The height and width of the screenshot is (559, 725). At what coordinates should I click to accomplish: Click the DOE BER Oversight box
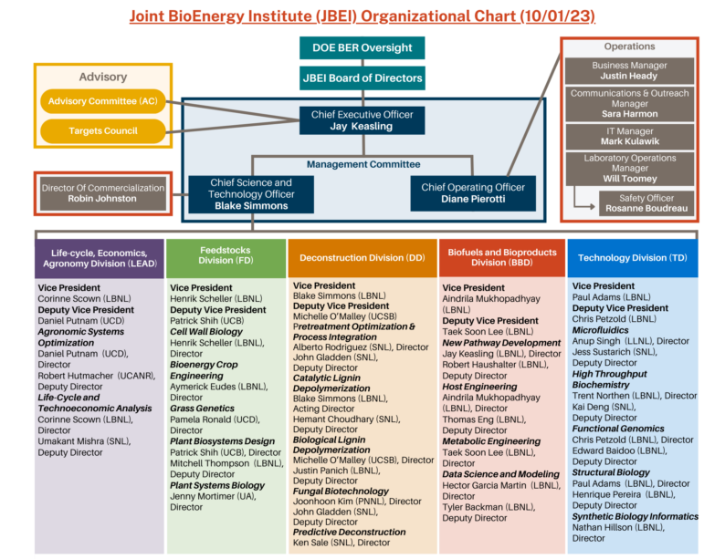point(362,48)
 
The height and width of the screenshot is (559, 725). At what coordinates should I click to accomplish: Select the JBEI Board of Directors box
point(362,78)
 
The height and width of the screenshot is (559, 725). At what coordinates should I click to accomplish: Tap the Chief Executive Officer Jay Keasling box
point(362,120)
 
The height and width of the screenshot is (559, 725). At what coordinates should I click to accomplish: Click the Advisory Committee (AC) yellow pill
point(102,101)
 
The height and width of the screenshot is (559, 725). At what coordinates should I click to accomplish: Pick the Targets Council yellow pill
point(102,131)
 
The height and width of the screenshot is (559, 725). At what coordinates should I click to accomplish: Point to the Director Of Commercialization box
point(102,193)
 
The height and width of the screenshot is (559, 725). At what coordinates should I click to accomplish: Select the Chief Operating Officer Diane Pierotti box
point(473,193)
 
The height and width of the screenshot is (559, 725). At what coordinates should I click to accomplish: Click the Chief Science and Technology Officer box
point(251,194)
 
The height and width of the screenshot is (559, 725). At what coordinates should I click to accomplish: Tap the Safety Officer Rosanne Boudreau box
point(646,203)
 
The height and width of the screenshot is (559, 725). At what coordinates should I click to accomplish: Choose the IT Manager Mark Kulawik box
point(630,137)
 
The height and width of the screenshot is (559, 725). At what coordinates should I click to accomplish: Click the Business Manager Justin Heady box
point(630,70)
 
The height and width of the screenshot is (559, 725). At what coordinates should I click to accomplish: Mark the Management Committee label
point(363,164)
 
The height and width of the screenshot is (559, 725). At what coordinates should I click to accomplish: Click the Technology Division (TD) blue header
point(633,258)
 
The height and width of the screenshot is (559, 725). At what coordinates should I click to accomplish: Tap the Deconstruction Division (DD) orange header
point(362,258)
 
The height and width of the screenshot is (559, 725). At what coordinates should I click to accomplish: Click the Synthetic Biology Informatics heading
point(635,516)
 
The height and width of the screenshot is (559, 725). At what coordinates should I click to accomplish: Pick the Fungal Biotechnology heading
point(341,492)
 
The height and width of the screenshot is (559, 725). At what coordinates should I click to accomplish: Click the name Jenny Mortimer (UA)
point(212,496)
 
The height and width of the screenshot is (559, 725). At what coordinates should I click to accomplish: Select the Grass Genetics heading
point(202,409)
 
